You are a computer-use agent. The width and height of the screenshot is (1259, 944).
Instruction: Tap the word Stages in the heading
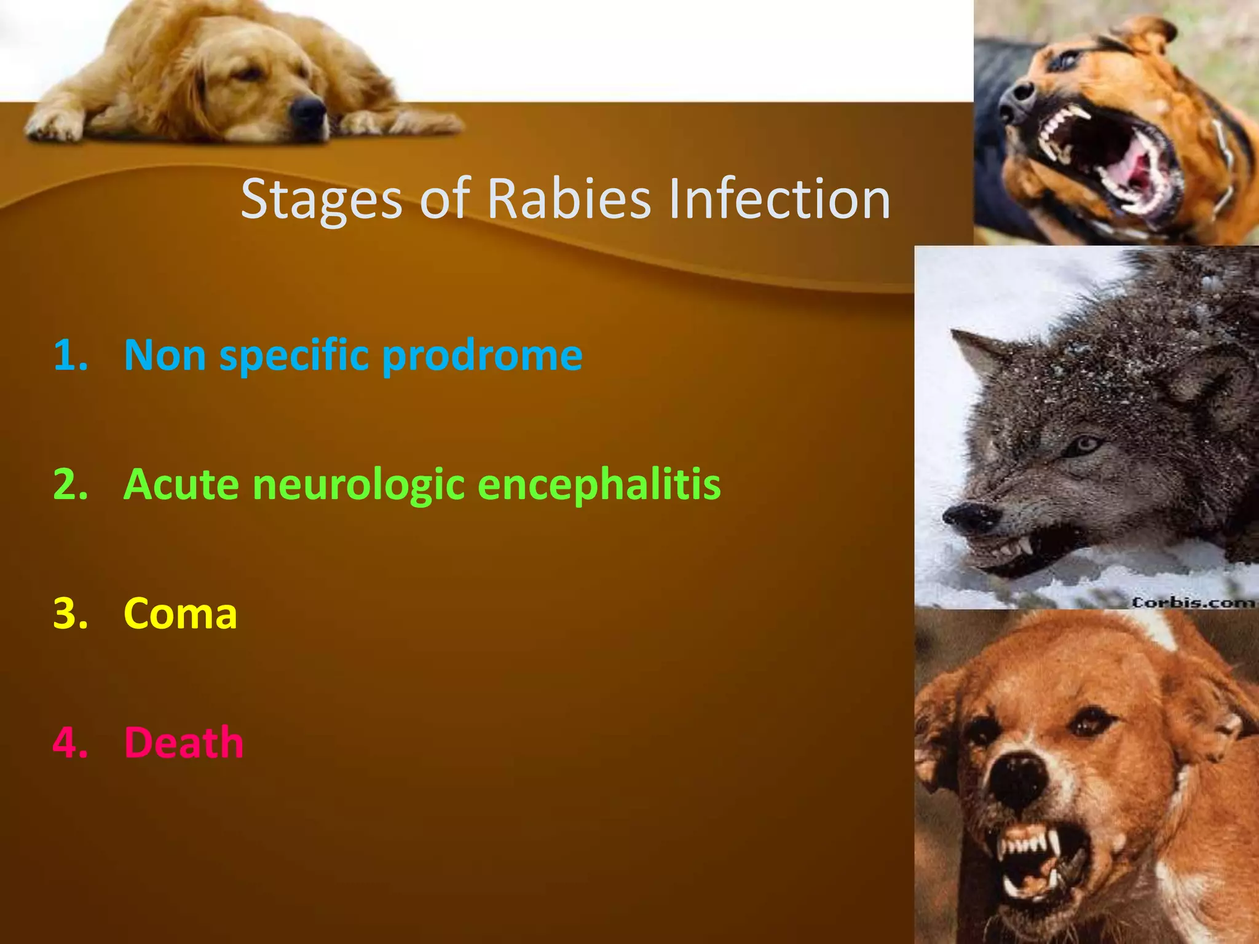(321, 199)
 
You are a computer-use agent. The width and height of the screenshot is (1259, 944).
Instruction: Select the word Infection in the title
(779, 199)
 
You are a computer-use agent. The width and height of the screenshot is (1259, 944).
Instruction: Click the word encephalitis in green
(599, 484)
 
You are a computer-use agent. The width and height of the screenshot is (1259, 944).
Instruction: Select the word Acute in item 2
(181, 484)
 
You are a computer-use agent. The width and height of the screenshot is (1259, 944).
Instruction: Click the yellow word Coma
(180, 613)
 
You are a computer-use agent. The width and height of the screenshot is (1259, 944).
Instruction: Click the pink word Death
(184, 742)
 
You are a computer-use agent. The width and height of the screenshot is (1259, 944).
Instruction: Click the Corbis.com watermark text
(1193, 602)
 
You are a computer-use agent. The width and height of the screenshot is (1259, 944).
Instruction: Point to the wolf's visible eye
(1087, 443)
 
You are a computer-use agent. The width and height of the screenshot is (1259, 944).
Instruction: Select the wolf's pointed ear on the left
(977, 356)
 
